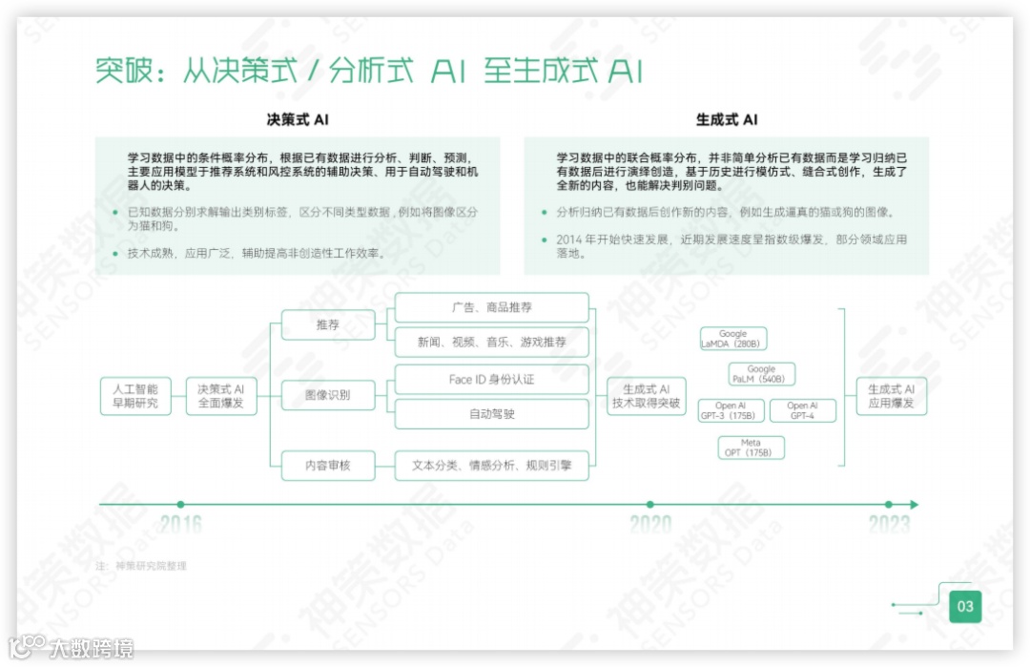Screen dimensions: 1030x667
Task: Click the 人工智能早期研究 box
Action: point(135,396)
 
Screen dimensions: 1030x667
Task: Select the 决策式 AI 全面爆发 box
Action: point(220,396)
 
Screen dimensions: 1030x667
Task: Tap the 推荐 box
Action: point(328,325)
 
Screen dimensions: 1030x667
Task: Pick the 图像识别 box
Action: point(328,395)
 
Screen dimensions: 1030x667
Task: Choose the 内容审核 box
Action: point(328,465)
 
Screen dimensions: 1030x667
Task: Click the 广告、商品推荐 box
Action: point(492,307)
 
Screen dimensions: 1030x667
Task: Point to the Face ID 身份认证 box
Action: point(492,379)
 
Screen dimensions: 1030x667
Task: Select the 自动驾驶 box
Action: point(492,414)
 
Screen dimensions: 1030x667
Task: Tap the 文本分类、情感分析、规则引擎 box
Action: point(492,465)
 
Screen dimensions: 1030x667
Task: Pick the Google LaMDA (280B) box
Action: point(733,339)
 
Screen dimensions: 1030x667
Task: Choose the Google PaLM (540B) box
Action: point(761,374)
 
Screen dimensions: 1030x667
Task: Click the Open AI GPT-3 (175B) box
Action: point(731,411)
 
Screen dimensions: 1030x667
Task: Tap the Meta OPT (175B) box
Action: point(751,448)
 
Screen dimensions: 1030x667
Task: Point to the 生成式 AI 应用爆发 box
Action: point(891,396)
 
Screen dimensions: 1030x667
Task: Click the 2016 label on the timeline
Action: point(180,523)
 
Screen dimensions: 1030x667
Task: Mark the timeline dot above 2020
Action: point(650,505)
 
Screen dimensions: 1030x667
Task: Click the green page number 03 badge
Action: point(965,606)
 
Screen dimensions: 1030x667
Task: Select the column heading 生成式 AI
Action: point(727,120)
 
